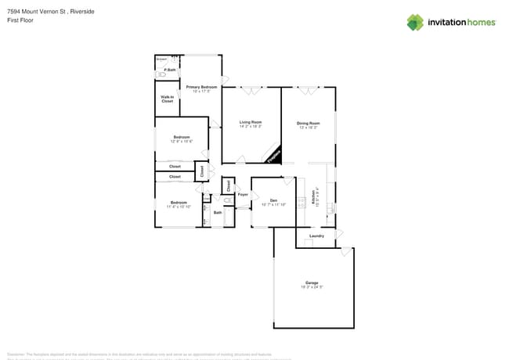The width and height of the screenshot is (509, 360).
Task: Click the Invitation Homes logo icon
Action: tap(415, 22)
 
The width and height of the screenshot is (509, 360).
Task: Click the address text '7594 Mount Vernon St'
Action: tap(35, 11)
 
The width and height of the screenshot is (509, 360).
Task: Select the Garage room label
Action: tap(312, 283)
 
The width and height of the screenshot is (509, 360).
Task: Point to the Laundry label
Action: tap(316, 236)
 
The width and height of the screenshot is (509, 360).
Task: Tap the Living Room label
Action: tap(251, 123)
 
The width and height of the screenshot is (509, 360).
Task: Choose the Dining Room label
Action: tap(309, 123)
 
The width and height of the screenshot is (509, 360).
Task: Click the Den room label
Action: tap(274, 201)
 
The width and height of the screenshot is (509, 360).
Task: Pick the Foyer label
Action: tap(243, 193)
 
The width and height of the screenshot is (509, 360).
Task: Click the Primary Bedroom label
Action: tap(201, 86)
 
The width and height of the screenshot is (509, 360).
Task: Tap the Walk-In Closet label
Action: tap(168, 99)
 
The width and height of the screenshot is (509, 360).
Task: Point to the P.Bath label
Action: tap(169, 70)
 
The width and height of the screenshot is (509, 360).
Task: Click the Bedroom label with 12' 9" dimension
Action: tap(181, 138)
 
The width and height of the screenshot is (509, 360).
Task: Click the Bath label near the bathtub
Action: tap(218, 212)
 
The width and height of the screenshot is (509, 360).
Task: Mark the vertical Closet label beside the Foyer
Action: tap(228, 185)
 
